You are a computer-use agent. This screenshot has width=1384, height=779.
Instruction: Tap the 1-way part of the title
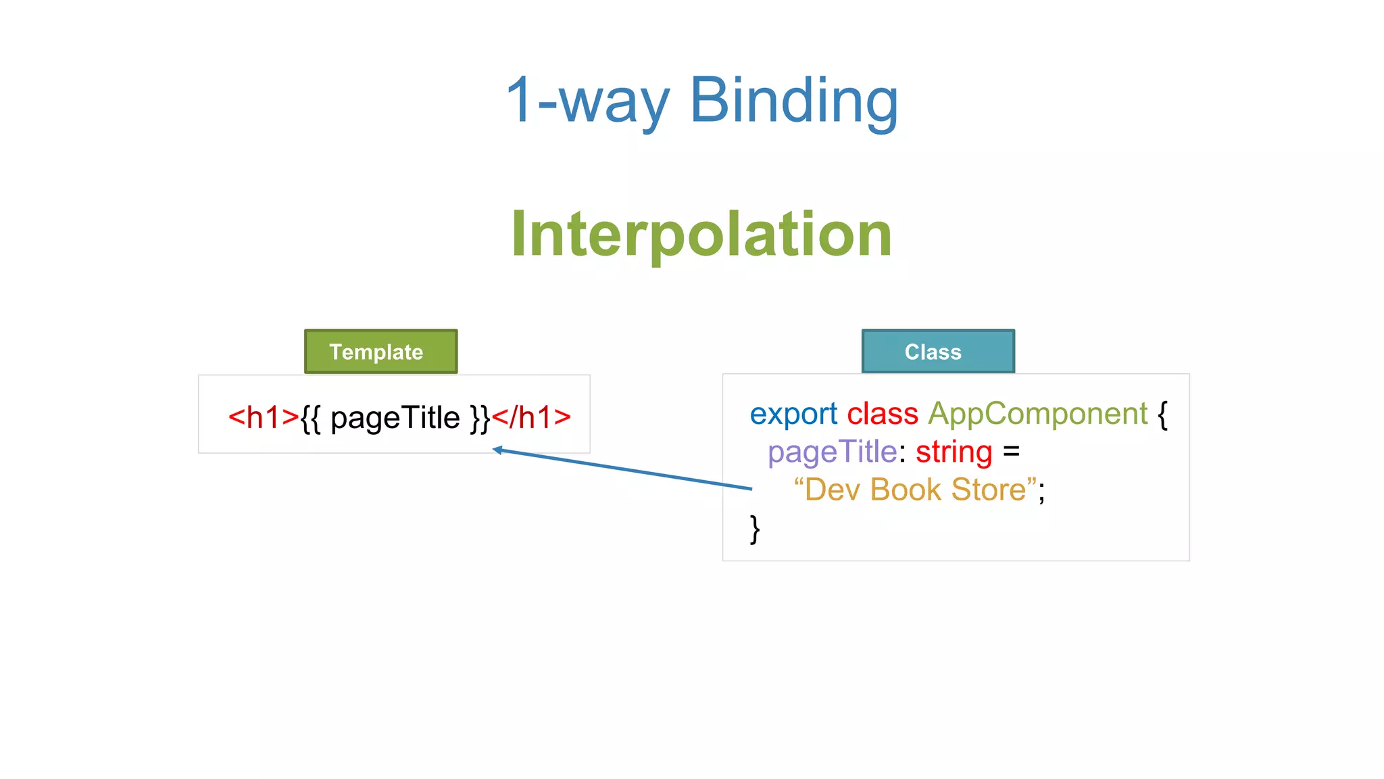click(x=587, y=101)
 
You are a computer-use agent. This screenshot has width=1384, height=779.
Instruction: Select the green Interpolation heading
click(x=701, y=234)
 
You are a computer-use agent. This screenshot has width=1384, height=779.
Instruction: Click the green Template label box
click(x=380, y=352)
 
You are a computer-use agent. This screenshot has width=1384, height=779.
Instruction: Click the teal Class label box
click(x=937, y=352)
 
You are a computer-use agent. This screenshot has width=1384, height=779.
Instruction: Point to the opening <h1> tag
click(x=263, y=417)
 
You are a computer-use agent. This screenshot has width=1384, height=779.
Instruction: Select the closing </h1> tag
click(x=531, y=417)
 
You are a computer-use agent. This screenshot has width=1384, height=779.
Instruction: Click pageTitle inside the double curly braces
click(x=395, y=419)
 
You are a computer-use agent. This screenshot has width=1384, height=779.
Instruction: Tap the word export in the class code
click(x=793, y=414)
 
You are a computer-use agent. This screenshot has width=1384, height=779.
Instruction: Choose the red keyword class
click(x=882, y=413)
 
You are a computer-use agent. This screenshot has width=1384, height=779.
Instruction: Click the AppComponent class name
click(x=1037, y=415)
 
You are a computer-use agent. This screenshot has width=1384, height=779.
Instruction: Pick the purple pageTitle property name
click(x=832, y=452)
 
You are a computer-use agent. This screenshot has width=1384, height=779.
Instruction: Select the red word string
click(x=954, y=452)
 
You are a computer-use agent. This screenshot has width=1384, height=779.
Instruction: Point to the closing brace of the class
click(x=755, y=529)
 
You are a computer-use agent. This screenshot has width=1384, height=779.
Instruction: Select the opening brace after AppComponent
click(x=1162, y=414)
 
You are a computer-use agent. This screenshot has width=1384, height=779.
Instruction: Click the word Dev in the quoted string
click(x=832, y=490)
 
